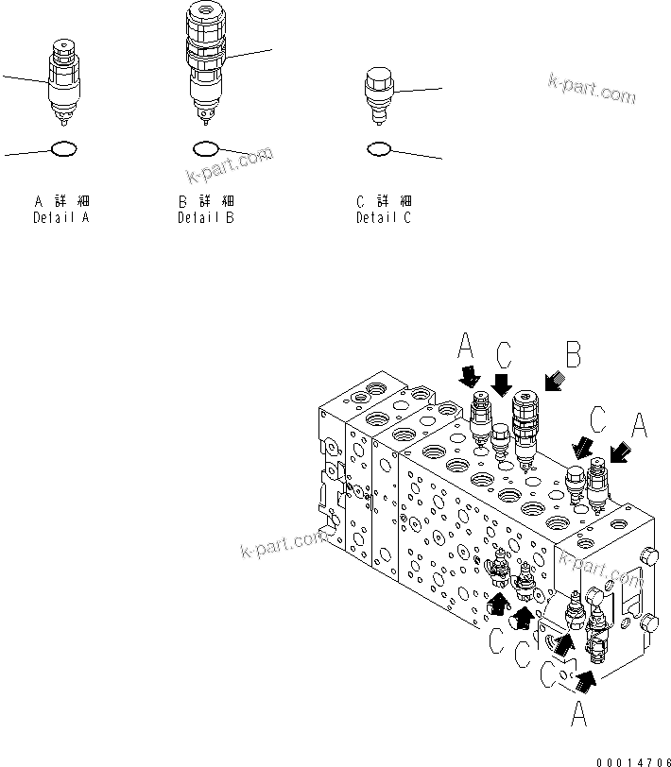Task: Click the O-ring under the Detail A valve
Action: coord(62,148)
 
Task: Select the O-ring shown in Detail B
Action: coord(206,148)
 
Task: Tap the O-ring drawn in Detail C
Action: coord(379,148)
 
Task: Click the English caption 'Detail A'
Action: coord(62,218)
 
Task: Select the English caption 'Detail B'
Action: coord(206,218)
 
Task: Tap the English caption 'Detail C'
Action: coord(383,218)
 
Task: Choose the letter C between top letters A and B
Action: coord(504,356)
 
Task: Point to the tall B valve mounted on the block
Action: coord(525,425)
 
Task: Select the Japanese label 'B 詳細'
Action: coord(206,202)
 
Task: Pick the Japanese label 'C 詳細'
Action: coord(383,202)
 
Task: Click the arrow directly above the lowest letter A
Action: coord(586,676)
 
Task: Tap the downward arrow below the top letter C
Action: coord(503,384)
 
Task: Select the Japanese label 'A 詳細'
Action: coord(62,202)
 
